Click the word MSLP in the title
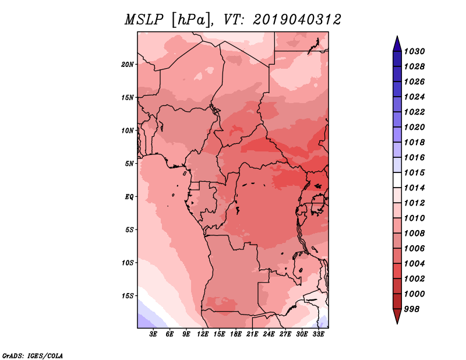(x=144, y=20)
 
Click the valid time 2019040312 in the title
(x=297, y=20)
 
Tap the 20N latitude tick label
(x=127, y=65)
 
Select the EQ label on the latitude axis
(x=129, y=197)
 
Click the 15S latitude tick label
(x=127, y=296)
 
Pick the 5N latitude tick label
(x=129, y=164)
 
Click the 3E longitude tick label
(x=153, y=334)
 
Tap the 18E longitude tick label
(x=236, y=334)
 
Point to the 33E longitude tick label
(x=318, y=334)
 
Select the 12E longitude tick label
(x=203, y=334)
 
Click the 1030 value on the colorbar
(x=414, y=51)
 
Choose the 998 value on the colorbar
(x=412, y=309)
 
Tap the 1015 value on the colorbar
(x=414, y=172)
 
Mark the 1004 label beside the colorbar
(x=414, y=264)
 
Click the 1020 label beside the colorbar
(x=414, y=127)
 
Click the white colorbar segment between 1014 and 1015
(x=397, y=180)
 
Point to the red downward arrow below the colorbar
(x=397, y=316)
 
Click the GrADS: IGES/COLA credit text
(x=33, y=356)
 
